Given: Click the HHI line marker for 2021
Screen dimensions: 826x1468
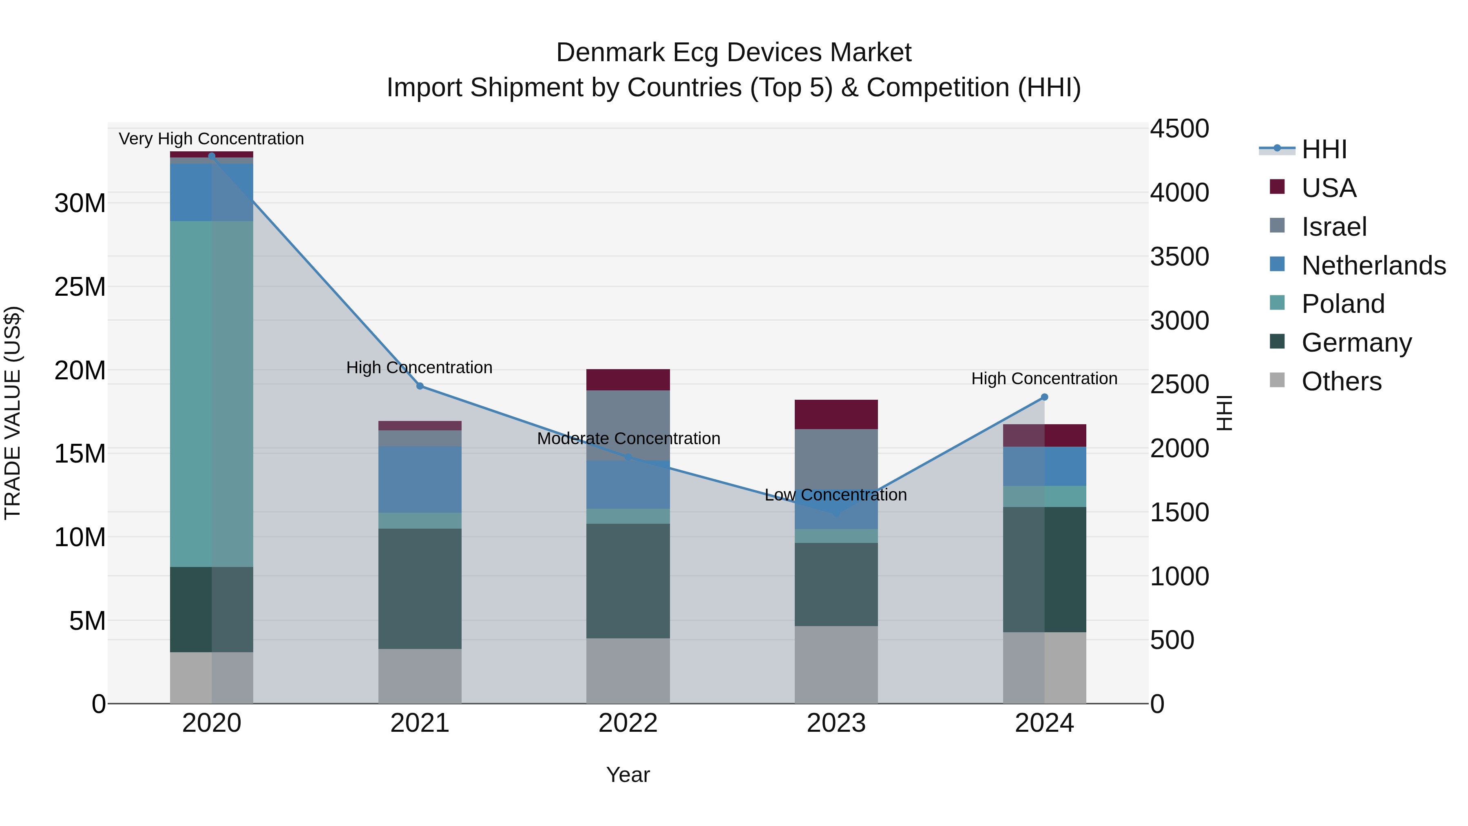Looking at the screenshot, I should [420, 386].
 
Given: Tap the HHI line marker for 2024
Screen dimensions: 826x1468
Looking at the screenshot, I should [1045, 397].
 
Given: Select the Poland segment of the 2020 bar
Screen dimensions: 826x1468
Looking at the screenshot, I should [211, 393].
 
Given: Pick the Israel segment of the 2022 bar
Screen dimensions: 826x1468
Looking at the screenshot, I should [628, 425].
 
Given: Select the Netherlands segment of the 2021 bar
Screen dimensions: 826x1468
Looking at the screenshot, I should [420, 479].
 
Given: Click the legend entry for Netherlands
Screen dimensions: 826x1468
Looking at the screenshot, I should [1373, 266].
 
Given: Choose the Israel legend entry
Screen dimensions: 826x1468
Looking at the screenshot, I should [1333, 227].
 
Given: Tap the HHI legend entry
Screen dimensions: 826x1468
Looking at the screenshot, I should [1324, 149].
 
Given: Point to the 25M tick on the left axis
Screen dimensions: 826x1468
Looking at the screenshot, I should [80, 287].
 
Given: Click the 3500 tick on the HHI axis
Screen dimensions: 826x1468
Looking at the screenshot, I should [1179, 257].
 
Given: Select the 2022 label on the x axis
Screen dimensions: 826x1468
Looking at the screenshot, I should [628, 723].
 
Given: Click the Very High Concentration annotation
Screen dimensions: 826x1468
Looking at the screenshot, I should [211, 139].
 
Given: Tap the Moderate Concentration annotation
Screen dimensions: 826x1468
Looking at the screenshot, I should [628, 438].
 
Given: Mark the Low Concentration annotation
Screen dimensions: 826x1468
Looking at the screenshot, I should [836, 495].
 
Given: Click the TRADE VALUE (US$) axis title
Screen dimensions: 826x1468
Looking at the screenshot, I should [13, 413].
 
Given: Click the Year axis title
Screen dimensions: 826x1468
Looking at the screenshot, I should [628, 775].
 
